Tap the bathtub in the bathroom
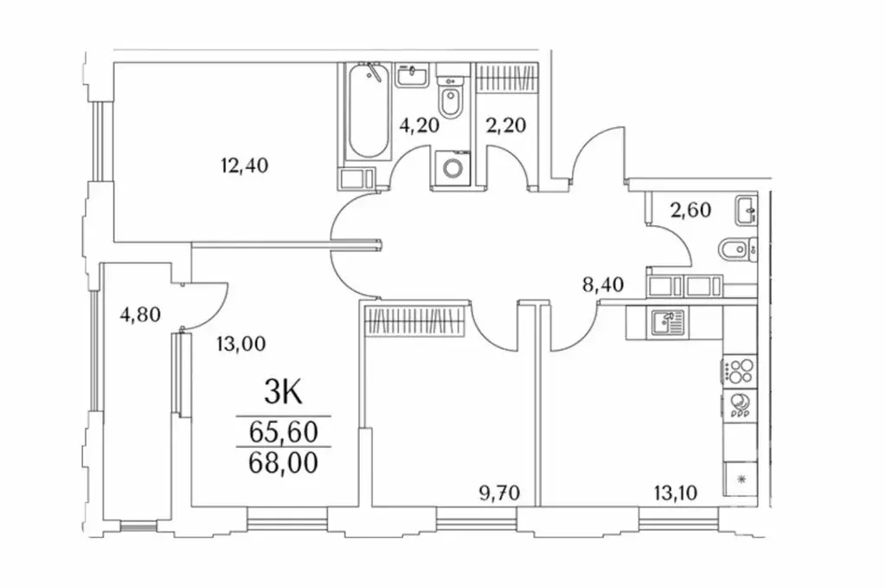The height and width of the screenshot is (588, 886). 366,113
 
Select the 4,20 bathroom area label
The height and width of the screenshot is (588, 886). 419,125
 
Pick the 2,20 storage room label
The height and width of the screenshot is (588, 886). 506,125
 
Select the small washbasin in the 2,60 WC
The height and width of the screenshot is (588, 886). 745,209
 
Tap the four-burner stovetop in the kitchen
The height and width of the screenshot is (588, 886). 738,372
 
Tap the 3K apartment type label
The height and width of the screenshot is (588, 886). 282,394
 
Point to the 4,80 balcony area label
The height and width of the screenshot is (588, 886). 140,313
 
